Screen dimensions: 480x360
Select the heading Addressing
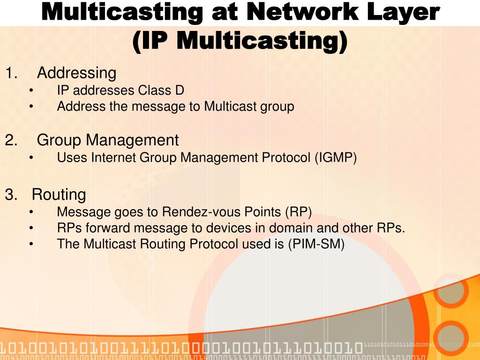coord(76,73)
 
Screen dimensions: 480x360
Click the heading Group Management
coord(108,140)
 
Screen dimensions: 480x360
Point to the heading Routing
coord(59,194)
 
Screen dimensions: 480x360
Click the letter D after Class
coord(180,90)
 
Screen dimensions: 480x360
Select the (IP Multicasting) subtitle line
coord(240,41)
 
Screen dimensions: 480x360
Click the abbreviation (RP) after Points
coord(298,212)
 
